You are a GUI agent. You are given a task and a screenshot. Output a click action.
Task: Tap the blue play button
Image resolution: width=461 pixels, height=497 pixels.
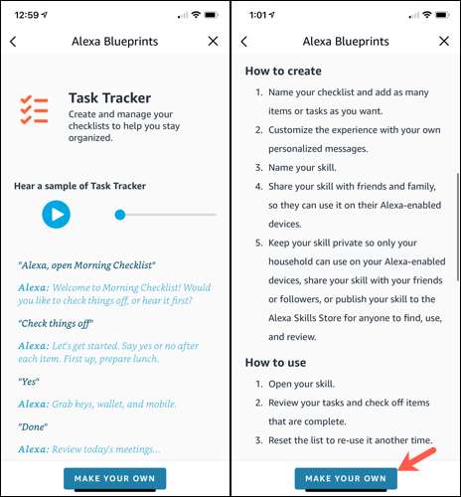(x=56, y=215)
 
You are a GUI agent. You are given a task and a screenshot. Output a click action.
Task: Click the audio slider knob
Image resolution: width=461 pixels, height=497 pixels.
(x=120, y=215)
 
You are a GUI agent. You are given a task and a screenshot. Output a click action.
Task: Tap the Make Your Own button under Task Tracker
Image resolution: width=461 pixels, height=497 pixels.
(x=114, y=478)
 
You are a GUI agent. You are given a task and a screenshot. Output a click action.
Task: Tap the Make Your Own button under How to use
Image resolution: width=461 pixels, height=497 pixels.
(x=346, y=478)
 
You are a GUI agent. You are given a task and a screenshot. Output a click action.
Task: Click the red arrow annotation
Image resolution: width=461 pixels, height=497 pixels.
(x=416, y=458)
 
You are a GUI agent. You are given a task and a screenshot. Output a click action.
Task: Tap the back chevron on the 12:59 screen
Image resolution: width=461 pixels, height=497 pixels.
(x=13, y=42)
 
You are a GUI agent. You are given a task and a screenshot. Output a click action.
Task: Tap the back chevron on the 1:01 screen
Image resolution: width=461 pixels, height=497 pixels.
(x=244, y=42)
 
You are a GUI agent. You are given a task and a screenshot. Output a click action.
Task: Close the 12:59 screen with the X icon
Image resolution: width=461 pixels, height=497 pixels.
(x=213, y=41)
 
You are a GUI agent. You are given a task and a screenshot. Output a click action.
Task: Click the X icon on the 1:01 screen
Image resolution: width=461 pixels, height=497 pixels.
(x=444, y=41)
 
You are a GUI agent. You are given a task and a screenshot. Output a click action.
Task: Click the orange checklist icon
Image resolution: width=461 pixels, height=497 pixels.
(x=34, y=110)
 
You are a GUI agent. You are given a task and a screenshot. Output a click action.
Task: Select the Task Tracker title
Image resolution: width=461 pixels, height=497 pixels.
(x=109, y=97)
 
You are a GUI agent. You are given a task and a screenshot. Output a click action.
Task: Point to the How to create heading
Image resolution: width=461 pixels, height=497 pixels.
(x=283, y=71)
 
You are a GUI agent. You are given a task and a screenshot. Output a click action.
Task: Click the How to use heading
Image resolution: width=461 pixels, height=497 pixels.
(x=275, y=363)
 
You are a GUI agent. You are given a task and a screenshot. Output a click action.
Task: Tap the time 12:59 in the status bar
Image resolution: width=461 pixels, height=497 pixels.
(x=27, y=15)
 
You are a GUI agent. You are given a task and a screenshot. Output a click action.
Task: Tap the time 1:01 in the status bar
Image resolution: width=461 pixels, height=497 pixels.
(x=257, y=15)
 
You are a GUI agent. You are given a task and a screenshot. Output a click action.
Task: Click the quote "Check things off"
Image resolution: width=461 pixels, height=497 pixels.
(x=56, y=323)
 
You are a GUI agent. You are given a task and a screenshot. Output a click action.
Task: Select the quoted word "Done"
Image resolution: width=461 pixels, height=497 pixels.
(x=33, y=426)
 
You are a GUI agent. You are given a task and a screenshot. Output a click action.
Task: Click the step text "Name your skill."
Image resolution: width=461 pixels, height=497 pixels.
(x=302, y=168)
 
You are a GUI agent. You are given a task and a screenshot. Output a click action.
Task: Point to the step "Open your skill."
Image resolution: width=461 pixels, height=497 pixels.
(x=301, y=384)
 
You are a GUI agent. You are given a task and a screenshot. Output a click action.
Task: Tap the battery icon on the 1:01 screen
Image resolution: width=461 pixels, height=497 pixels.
(x=442, y=15)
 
